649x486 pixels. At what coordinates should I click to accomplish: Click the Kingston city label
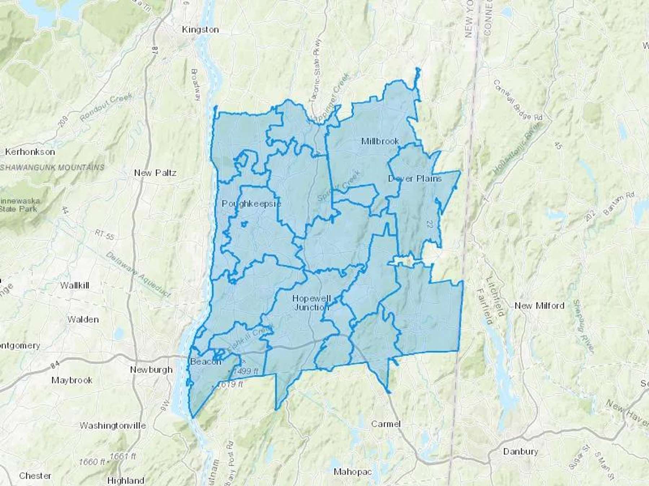pos(200,30)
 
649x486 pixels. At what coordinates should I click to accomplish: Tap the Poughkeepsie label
pos(251,203)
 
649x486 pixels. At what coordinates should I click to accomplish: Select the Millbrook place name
pos(380,141)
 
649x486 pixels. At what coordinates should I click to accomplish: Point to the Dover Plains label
pos(415,178)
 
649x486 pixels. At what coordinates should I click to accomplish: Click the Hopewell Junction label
pos(311,302)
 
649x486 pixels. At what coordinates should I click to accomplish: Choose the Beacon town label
pos(205,361)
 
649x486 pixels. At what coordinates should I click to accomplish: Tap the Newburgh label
pos(151,369)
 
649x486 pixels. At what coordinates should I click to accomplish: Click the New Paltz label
pos(155,173)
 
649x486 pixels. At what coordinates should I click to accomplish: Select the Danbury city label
pos(520,451)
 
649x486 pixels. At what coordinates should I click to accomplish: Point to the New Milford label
pos(539,306)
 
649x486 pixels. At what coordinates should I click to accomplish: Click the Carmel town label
pos(386,424)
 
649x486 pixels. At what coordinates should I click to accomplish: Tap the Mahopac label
pos(352,471)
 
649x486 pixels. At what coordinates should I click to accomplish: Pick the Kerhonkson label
pos(30,152)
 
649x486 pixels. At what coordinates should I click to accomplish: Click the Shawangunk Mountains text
pos(52,167)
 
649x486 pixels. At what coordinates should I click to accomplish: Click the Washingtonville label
pos(112,426)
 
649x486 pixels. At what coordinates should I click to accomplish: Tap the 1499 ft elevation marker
pos(246,371)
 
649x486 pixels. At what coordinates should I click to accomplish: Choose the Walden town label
pos(83,319)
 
